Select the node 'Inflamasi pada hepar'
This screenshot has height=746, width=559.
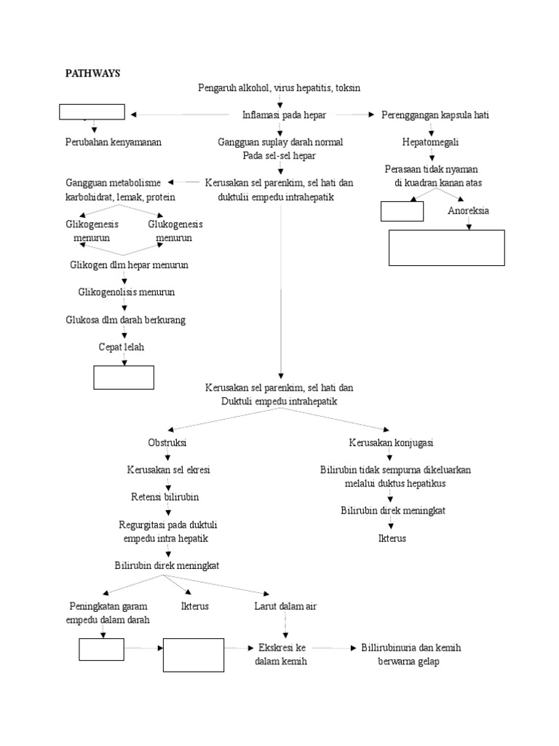pyautogui.click(x=284, y=115)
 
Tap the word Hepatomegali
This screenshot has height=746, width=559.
pyautogui.click(x=431, y=142)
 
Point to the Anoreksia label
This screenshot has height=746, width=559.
pyautogui.click(x=468, y=211)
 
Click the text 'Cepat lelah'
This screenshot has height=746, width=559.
pyautogui.click(x=122, y=348)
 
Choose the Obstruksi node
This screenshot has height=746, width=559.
pyautogui.click(x=167, y=443)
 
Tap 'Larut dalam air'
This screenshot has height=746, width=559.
pyautogui.click(x=285, y=606)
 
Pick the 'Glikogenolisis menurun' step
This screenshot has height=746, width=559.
pyautogui.click(x=127, y=292)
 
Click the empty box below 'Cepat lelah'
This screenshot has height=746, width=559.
pyautogui.click(x=124, y=377)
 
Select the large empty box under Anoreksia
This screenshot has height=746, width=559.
pyautogui.click(x=447, y=248)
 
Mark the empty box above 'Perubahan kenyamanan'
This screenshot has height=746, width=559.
pyautogui.click(x=92, y=112)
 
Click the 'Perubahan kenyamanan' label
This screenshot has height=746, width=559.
pyautogui.click(x=114, y=142)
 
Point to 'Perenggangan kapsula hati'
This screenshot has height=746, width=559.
pyautogui.click(x=435, y=115)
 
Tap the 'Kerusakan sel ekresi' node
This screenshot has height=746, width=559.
pyautogui.click(x=168, y=470)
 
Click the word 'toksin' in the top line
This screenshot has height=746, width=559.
pyautogui.click(x=347, y=87)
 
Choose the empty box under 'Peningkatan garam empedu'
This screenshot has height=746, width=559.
pyautogui.click(x=103, y=648)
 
